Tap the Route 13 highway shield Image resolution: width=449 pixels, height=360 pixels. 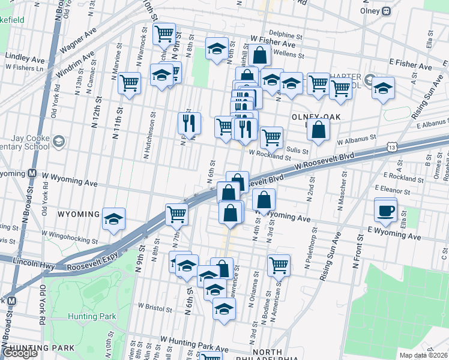(x=392, y=146)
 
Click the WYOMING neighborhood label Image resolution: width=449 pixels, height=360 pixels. (x=79, y=214)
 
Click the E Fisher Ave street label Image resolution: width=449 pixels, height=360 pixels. (x=411, y=64)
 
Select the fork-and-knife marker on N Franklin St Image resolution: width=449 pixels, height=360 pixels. (x=189, y=124)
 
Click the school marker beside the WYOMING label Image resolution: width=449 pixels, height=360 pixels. (x=113, y=219)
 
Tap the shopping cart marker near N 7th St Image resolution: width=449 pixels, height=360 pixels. (x=176, y=214)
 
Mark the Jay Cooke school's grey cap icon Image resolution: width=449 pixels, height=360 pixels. (x=59, y=142)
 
